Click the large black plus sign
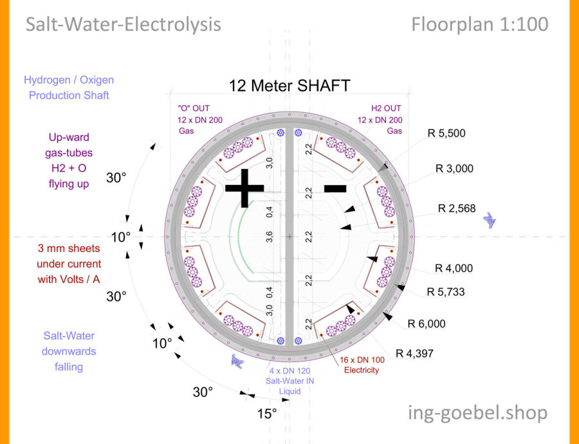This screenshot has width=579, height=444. (244, 187)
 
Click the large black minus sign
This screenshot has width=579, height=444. (335, 188)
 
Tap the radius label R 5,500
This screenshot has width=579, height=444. (446, 133)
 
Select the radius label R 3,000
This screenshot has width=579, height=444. (454, 169)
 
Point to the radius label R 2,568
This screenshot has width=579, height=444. (460, 208)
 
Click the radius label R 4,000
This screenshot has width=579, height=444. (454, 268)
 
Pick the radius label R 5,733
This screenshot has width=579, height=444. (446, 292)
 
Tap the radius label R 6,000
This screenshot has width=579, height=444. (427, 323)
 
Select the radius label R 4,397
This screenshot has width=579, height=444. (417, 352)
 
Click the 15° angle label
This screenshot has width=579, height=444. (267, 413)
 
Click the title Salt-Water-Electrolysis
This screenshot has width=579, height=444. (123, 24)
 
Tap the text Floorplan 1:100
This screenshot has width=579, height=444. (480, 24)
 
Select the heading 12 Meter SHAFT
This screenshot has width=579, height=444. (289, 85)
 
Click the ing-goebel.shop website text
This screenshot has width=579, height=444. (478, 412)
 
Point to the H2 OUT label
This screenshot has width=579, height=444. (386, 108)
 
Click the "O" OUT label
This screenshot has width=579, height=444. (193, 108)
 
